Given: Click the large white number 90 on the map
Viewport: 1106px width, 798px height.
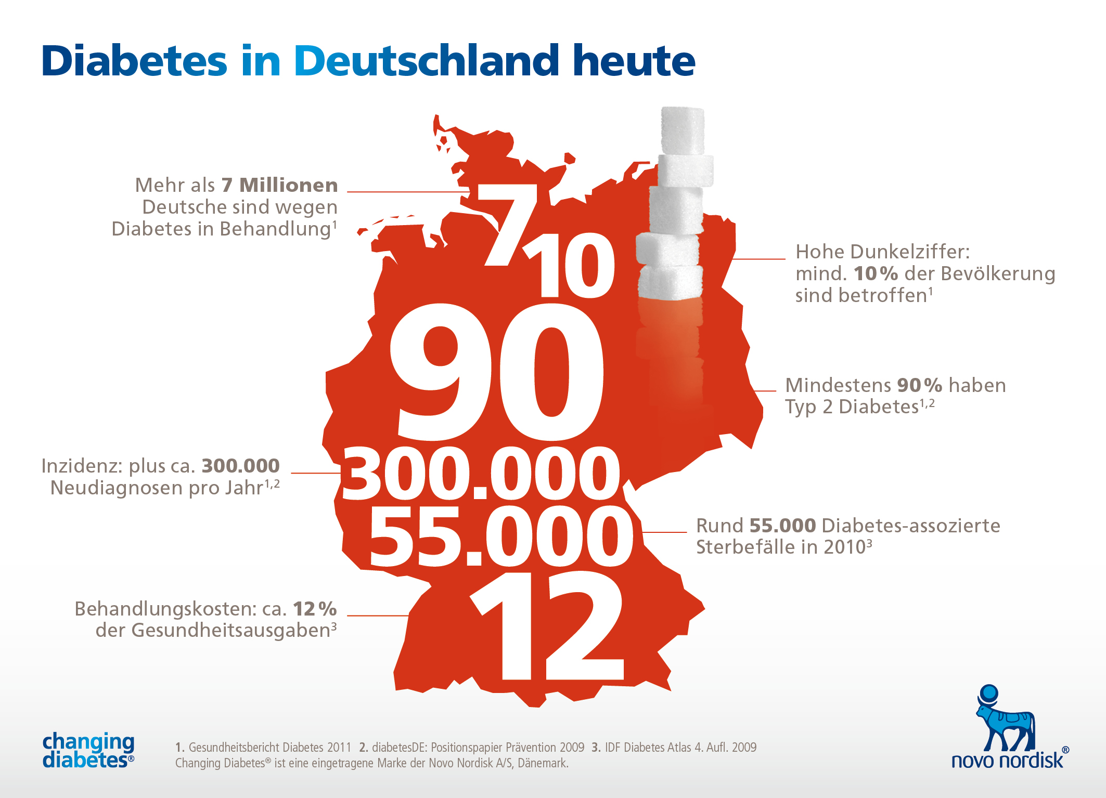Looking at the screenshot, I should click(497, 372).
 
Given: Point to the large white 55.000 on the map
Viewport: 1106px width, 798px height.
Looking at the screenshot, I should click(501, 537).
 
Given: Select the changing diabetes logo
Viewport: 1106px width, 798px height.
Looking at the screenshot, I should click(88, 750).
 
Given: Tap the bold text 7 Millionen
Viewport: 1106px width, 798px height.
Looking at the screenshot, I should click(279, 185).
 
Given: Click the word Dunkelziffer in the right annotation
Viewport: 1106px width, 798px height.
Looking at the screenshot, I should click(910, 252).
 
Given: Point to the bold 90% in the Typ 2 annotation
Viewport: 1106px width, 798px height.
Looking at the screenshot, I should click(919, 385).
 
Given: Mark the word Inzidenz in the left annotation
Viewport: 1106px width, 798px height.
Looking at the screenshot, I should click(82, 466).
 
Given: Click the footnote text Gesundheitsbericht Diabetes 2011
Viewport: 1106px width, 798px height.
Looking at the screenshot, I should click(269, 748).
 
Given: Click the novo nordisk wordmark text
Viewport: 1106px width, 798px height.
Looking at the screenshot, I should click(1007, 761).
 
